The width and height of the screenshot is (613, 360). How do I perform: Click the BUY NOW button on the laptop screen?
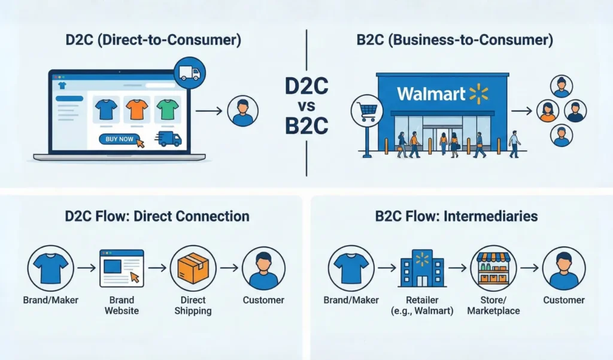click(x=120, y=139)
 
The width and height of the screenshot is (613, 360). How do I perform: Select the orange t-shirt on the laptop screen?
click(x=135, y=110)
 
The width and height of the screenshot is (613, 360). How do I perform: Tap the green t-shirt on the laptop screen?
click(x=168, y=110)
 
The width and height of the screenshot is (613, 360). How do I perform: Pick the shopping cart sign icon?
click(x=366, y=110)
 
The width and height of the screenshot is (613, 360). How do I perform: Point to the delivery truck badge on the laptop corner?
click(x=190, y=74)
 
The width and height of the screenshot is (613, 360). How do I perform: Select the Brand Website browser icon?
click(x=121, y=268)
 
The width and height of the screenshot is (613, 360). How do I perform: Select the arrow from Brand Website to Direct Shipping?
click(x=157, y=268)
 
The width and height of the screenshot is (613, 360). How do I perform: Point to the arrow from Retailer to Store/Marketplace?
click(x=459, y=268)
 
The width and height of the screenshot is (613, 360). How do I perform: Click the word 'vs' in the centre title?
click(x=306, y=107)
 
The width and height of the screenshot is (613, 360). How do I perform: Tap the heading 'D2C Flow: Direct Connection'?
click(x=157, y=216)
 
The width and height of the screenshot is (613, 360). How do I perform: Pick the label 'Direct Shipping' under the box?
click(x=193, y=305)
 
